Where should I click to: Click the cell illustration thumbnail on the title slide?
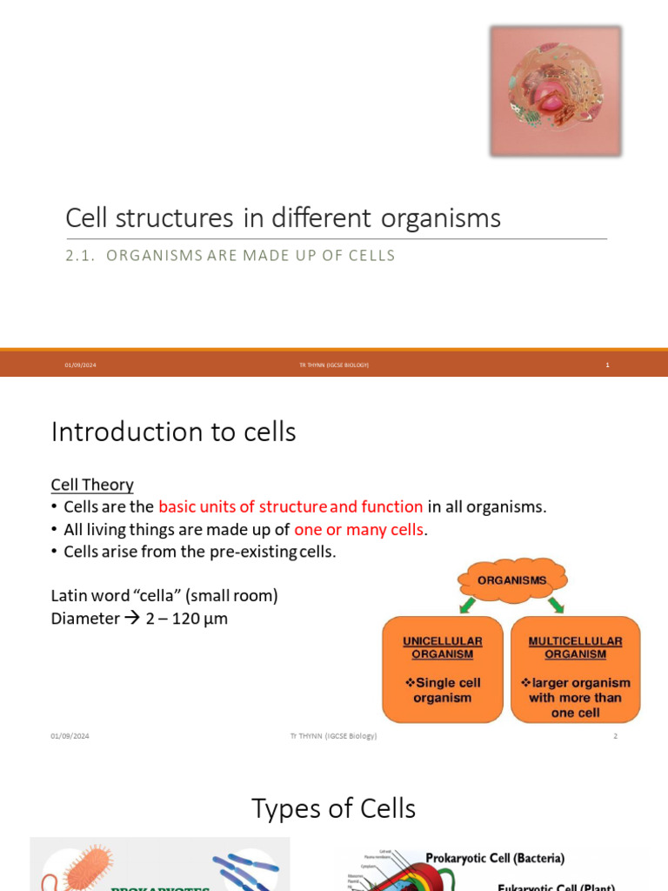555,91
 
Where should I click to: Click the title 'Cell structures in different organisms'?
284,218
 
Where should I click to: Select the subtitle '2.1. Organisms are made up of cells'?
230,256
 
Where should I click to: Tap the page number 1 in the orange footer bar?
608,365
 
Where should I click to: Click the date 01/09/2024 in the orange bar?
80,365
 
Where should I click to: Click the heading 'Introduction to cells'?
174,432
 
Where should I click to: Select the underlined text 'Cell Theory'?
92,485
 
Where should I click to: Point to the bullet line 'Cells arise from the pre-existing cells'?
199,552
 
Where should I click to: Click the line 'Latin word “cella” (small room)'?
164,596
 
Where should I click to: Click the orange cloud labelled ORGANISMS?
511,579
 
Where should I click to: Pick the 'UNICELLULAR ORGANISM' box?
443,669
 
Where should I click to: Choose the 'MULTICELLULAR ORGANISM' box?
575,669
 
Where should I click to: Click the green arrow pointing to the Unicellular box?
468,606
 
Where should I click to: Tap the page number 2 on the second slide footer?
615,736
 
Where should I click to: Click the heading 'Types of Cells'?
334,808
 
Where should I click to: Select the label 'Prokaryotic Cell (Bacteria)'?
494,858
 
